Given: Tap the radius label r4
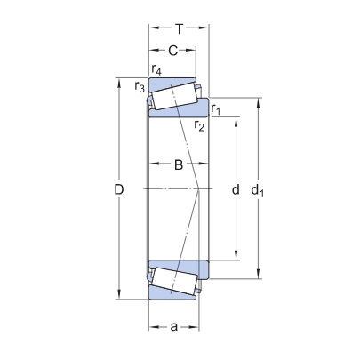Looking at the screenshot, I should (x=157, y=69).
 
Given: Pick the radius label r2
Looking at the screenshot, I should (x=200, y=126).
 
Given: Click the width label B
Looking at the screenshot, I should (x=178, y=164).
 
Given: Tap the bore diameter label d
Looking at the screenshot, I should (x=235, y=189).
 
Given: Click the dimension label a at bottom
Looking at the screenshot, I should (x=173, y=327).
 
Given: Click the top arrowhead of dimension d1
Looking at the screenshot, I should (x=260, y=99).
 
